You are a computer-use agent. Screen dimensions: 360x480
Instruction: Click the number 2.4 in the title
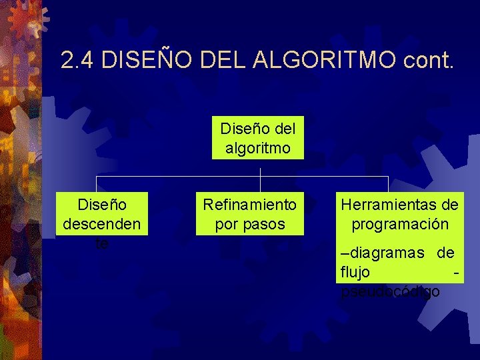[x=78, y=61]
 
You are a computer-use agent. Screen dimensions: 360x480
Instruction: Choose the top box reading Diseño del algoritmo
[x=257, y=137]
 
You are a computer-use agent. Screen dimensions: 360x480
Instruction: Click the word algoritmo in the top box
[x=257, y=147]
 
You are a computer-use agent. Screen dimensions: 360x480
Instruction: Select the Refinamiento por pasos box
[x=249, y=213]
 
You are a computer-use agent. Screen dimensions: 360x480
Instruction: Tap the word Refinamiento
[x=249, y=203]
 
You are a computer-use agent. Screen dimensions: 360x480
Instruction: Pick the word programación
[x=399, y=224]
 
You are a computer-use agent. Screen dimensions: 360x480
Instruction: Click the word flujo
[x=355, y=272]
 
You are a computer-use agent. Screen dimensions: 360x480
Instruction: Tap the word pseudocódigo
[x=391, y=291]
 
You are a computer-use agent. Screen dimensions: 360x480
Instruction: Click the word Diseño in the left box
[x=101, y=203]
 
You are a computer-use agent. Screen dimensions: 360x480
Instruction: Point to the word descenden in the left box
[x=101, y=224]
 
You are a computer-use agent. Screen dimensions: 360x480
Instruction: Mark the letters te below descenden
[x=101, y=243]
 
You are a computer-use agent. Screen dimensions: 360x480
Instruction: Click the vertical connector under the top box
[x=260, y=169]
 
